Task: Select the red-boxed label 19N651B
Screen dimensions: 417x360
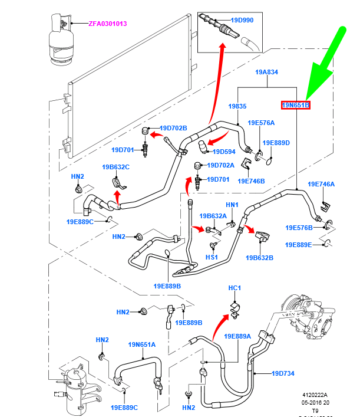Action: coord(295,105)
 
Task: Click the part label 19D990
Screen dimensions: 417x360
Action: coord(241,21)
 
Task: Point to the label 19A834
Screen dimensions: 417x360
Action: coord(266,72)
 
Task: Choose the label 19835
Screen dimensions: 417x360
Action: coord(237,106)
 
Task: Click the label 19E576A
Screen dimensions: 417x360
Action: coord(261,123)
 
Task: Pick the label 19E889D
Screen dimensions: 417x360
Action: coord(276,143)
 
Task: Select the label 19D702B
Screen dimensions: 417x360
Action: coord(173,128)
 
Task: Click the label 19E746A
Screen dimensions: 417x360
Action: coord(321,184)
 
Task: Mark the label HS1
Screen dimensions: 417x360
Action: coord(212,258)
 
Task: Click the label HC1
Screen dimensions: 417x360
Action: coord(235,288)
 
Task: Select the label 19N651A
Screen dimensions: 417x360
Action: coord(141,344)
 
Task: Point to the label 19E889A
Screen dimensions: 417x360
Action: coord(237,336)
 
